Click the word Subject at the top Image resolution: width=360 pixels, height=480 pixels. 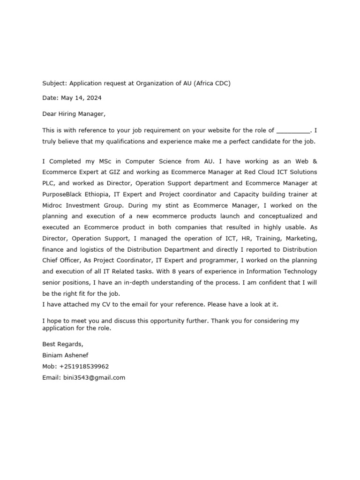pyautogui.click(x=55, y=83)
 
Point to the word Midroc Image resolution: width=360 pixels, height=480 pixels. pyautogui.click(x=52, y=205)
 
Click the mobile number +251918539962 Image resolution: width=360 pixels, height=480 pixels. pyautogui.click(x=84, y=366)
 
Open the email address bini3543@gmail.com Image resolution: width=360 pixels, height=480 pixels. pyautogui.click(x=94, y=377)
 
